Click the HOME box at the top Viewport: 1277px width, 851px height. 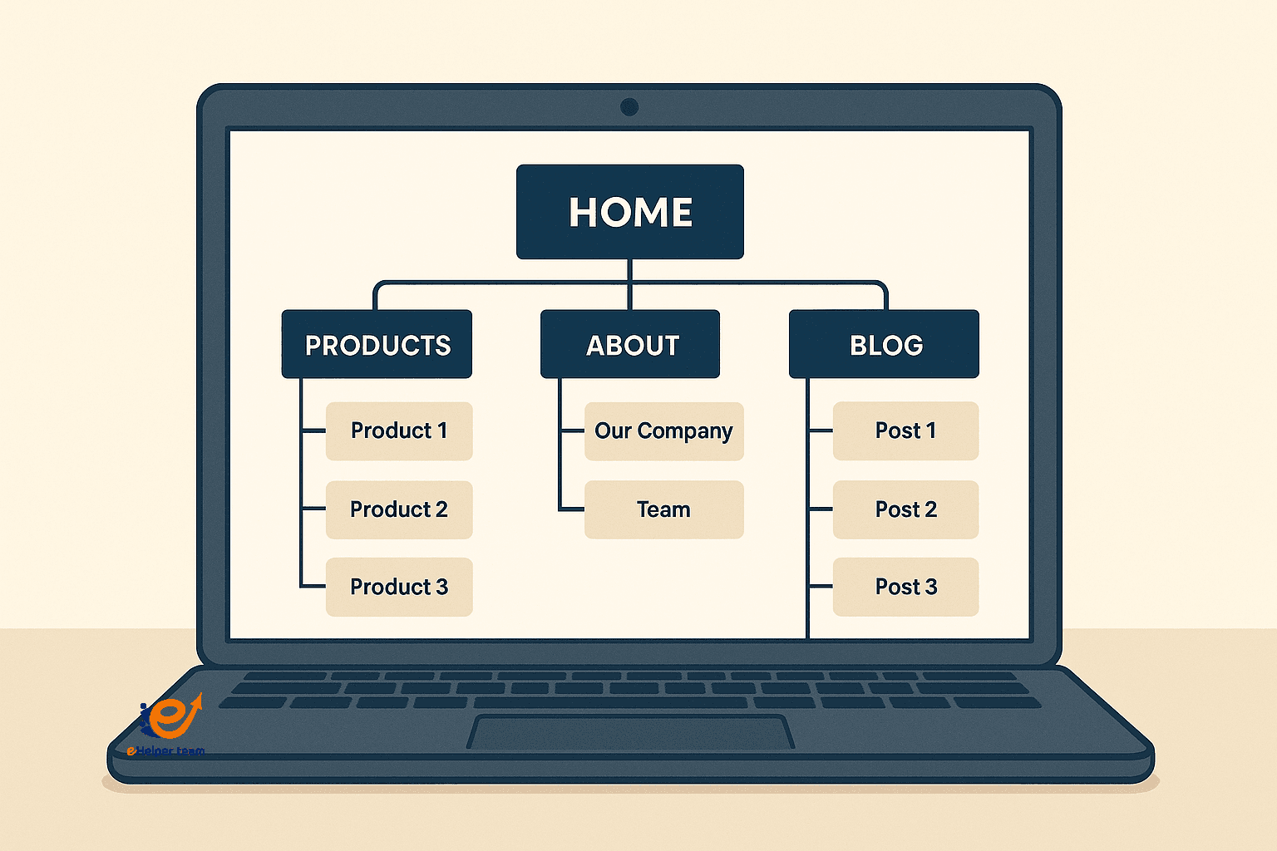pyautogui.click(x=629, y=212)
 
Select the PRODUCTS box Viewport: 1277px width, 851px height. pyautogui.click(x=377, y=344)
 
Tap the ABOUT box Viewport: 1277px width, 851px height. pyautogui.click(x=630, y=344)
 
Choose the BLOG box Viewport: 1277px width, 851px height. pyautogui.click(x=884, y=344)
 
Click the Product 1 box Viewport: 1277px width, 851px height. pyautogui.click(x=399, y=430)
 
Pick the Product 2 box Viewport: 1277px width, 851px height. pyautogui.click(x=399, y=509)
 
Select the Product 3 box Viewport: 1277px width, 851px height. pyautogui.click(x=399, y=587)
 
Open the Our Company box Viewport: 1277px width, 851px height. pyautogui.click(x=663, y=430)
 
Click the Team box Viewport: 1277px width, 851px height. pyautogui.click(x=663, y=509)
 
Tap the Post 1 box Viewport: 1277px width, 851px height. pyautogui.click(x=905, y=430)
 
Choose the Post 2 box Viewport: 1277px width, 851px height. pyautogui.click(x=905, y=509)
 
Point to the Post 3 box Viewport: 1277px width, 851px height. pyautogui.click(x=905, y=587)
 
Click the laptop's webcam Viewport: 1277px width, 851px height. pyautogui.click(x=629, y=106)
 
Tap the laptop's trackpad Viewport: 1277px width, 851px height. pyautogui.click(x=630, y=732)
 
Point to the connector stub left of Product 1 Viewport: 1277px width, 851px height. pyautogui.click(x=313, y=430)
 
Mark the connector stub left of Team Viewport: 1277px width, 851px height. pyautogui.click(x=572, y=509)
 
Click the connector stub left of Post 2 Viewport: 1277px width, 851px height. pyautogui.click(x=821, y=509)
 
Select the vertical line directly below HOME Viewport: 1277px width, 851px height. pyautogui.click(x=629, y=283)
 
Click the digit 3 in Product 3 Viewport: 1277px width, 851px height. pyautogui.click(x=442, y=587)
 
